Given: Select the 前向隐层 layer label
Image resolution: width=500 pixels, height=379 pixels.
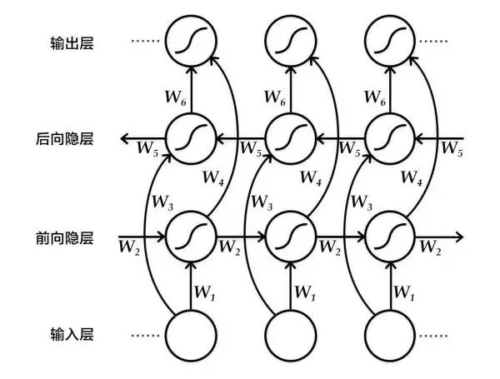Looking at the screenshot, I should click(70, 237).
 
